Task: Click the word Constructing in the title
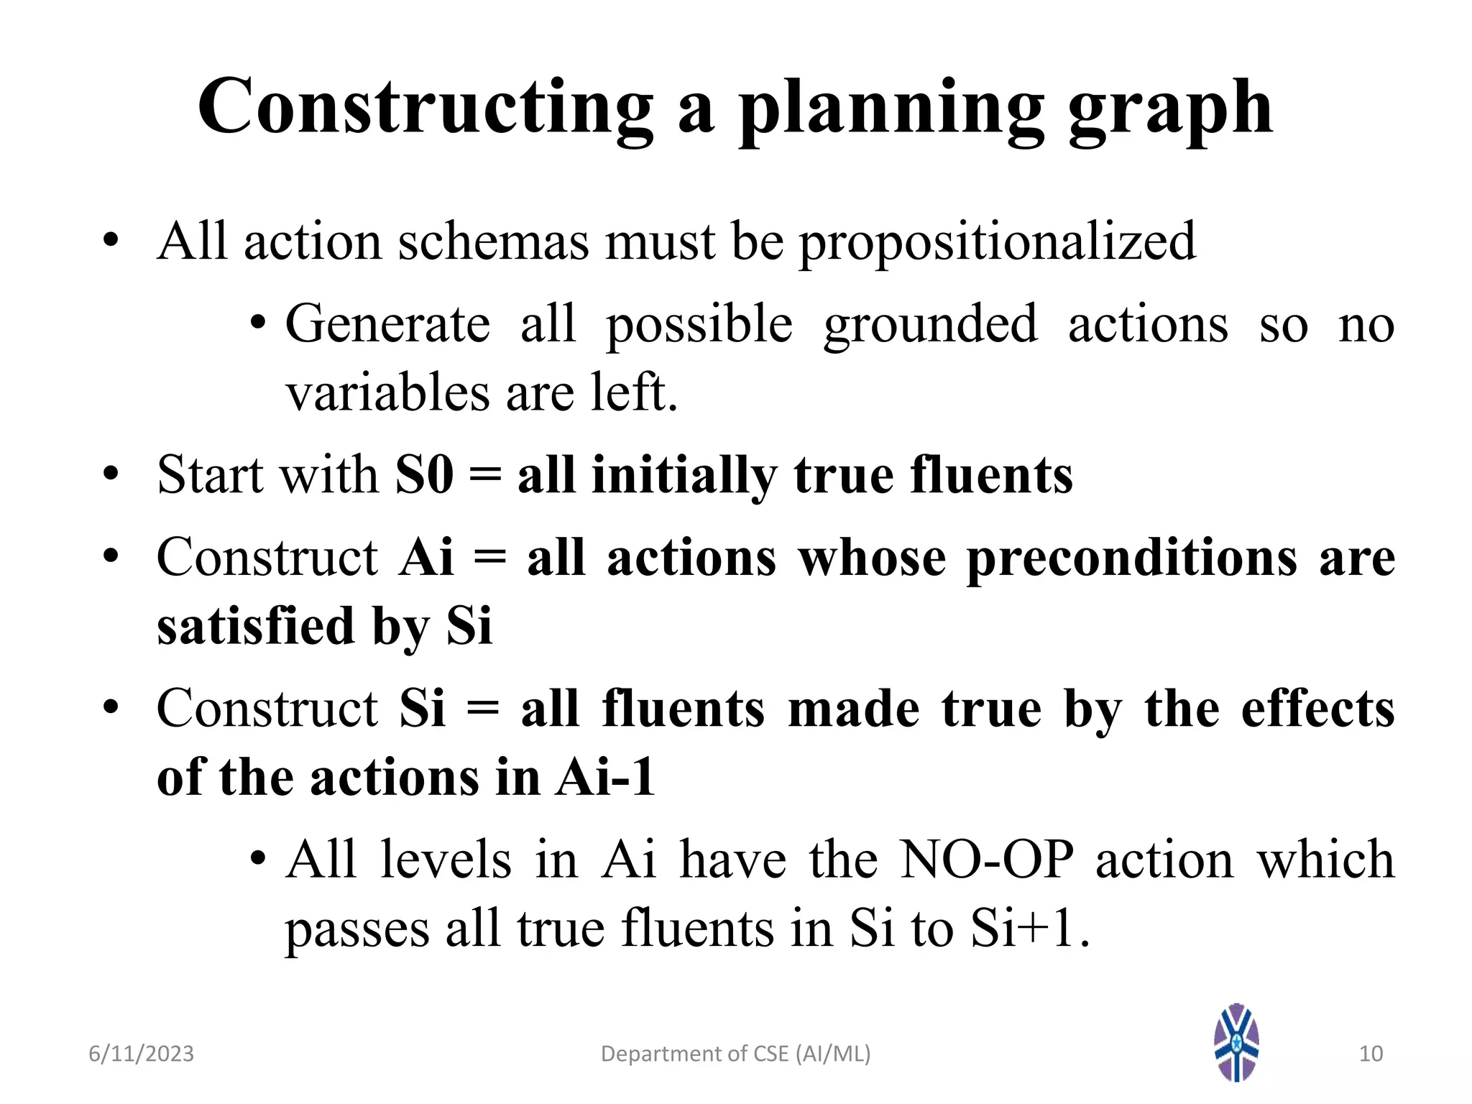[x=424, y=108]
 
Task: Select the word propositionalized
[x=998, y=243]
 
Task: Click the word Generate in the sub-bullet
[x=387, y=325]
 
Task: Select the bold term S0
[x=424, y=475]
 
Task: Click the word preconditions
[x=1132, y=559]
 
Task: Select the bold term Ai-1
[x=604, y=778]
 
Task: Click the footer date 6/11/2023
[x=141, y=1054]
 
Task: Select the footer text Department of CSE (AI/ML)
[x=735, y=1054]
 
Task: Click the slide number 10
[x=1371, y=1054]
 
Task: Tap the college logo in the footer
[x=1236, y=1042]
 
